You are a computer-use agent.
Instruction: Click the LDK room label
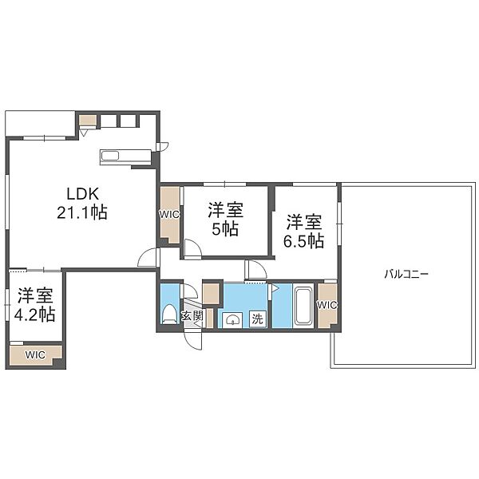pyautogui.click(x=83, y=194)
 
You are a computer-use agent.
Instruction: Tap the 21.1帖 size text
pyautogui.click(x=82, y=212)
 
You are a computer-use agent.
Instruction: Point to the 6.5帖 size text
pyautogui.click(x=304, y=241)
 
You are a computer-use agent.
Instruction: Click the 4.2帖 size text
pyautogui.click(x=35, y=315)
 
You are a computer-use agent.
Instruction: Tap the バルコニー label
pyautogui.click(x=406, y=274)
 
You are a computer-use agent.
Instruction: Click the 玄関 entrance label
pyautogui.click(x=192, y=315)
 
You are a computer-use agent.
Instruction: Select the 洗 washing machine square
pyautogui.click(x=258, y=319)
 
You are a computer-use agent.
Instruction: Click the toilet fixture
pyautogui.click(x=169, y=314)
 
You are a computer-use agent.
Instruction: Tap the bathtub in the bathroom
pyautogui.click(x=303, y=306)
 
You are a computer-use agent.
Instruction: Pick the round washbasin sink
pyautogui.click(x=232, y=320)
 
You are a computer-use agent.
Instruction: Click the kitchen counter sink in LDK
pyautogui.click(x=110, y=156)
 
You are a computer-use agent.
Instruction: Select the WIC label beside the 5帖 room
pyautogui.click(x=169, y=215)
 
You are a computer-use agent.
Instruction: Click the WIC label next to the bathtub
pyautogui.click(x=327, y=305)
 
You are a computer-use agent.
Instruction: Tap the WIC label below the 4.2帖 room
pyautogui.click(x=35, y=354)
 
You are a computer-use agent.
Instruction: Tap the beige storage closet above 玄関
pyautogui.click(x=211, y=294)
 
